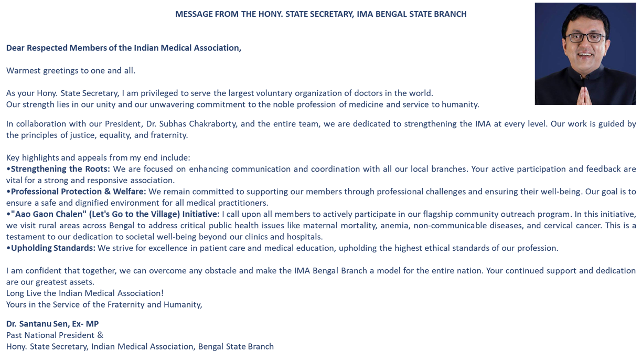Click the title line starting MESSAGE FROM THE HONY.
click(320, 14)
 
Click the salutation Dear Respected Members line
click(124, 48)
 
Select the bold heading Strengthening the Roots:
click(60, 169)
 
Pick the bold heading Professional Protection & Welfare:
click(78, 192)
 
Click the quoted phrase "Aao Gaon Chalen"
click(48, 214)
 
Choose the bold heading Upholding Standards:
click(53, 248)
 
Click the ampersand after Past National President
click(100, 335)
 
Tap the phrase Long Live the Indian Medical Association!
click(85, 293)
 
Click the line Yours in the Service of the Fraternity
click(104, 304)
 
